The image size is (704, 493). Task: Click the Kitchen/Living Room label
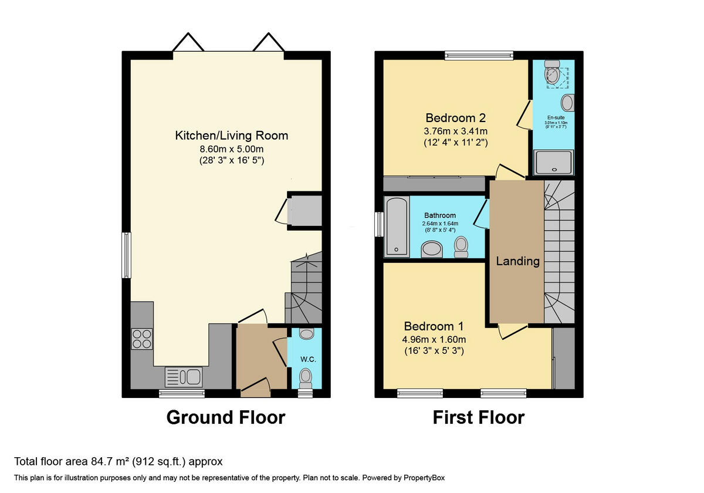[232, 136]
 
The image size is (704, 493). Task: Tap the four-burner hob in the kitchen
[142, 339]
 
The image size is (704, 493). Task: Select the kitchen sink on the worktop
[184, 376]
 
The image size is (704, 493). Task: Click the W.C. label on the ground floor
[309, 359]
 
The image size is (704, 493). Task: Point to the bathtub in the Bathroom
[397, 227]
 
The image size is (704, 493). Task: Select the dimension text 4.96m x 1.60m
[434, 340]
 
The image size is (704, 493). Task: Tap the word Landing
[517, 261]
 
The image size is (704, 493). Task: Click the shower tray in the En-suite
[553, 162]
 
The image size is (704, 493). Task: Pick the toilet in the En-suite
[552, 73]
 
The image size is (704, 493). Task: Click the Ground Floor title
[226, 417]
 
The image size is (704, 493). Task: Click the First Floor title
[478, 417]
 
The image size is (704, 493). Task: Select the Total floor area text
[118, 462]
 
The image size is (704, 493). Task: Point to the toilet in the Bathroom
[461, 246]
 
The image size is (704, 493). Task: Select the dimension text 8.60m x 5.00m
[232, 148]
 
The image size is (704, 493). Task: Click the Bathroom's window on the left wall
[379, 223]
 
